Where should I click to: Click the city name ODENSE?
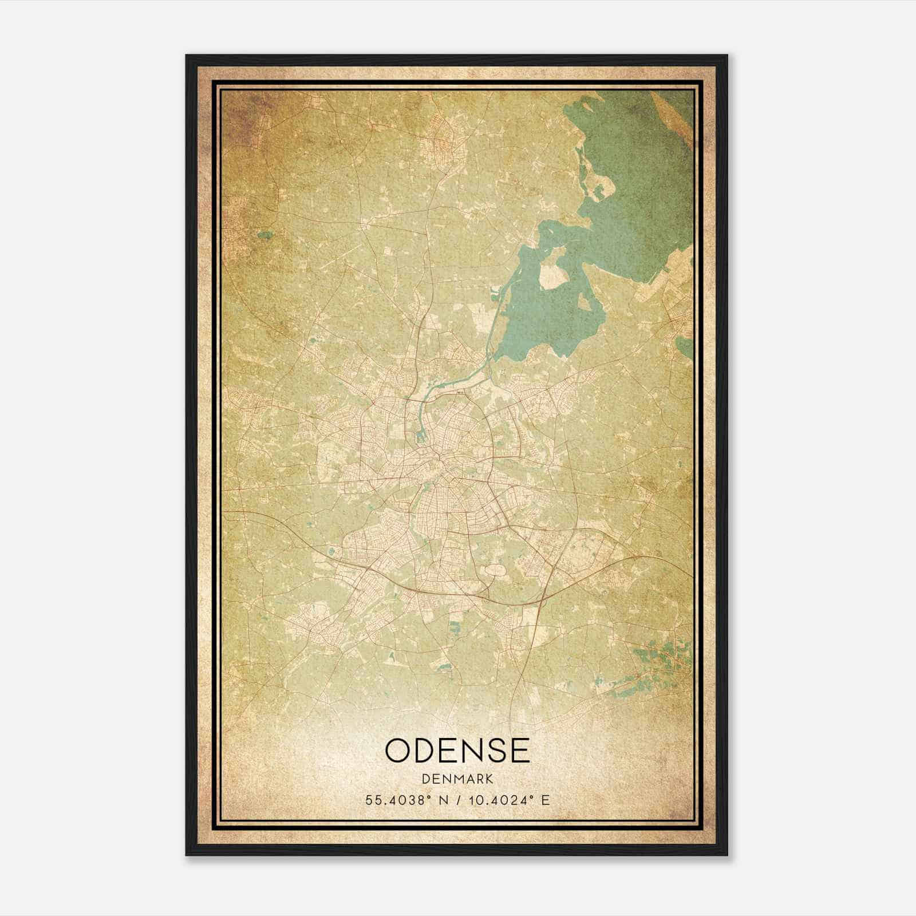[x=457, y=750]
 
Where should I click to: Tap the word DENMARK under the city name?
[x=457, y=779]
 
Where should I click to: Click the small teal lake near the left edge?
[x=264, y=234]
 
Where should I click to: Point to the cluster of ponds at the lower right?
[x=658, y=658]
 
